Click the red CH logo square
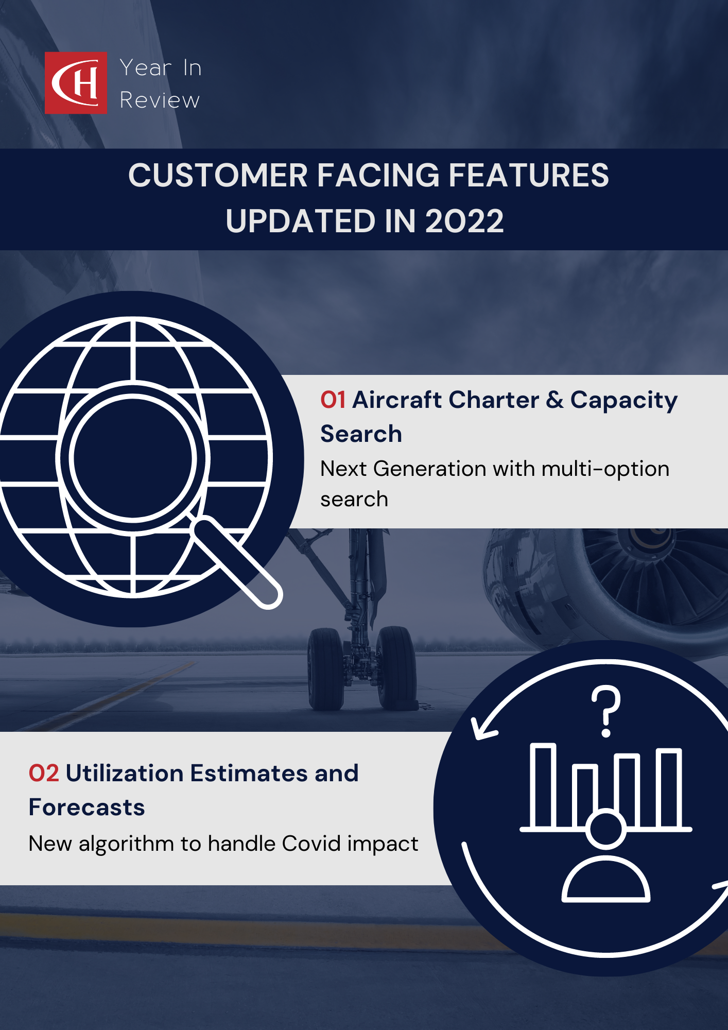pos(76,82)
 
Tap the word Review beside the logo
pos(160,100)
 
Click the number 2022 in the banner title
pos(464,221)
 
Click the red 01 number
pos(333,400)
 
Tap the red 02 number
pos(44,774)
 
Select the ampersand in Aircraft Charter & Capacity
pos(554,400)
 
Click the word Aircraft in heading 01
pos(394,400)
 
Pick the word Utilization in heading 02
pos(125,774)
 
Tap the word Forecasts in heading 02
pos(86,808)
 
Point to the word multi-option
pos(605,469)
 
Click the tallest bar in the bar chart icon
pos(543,785)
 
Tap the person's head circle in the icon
pos(606,829)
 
